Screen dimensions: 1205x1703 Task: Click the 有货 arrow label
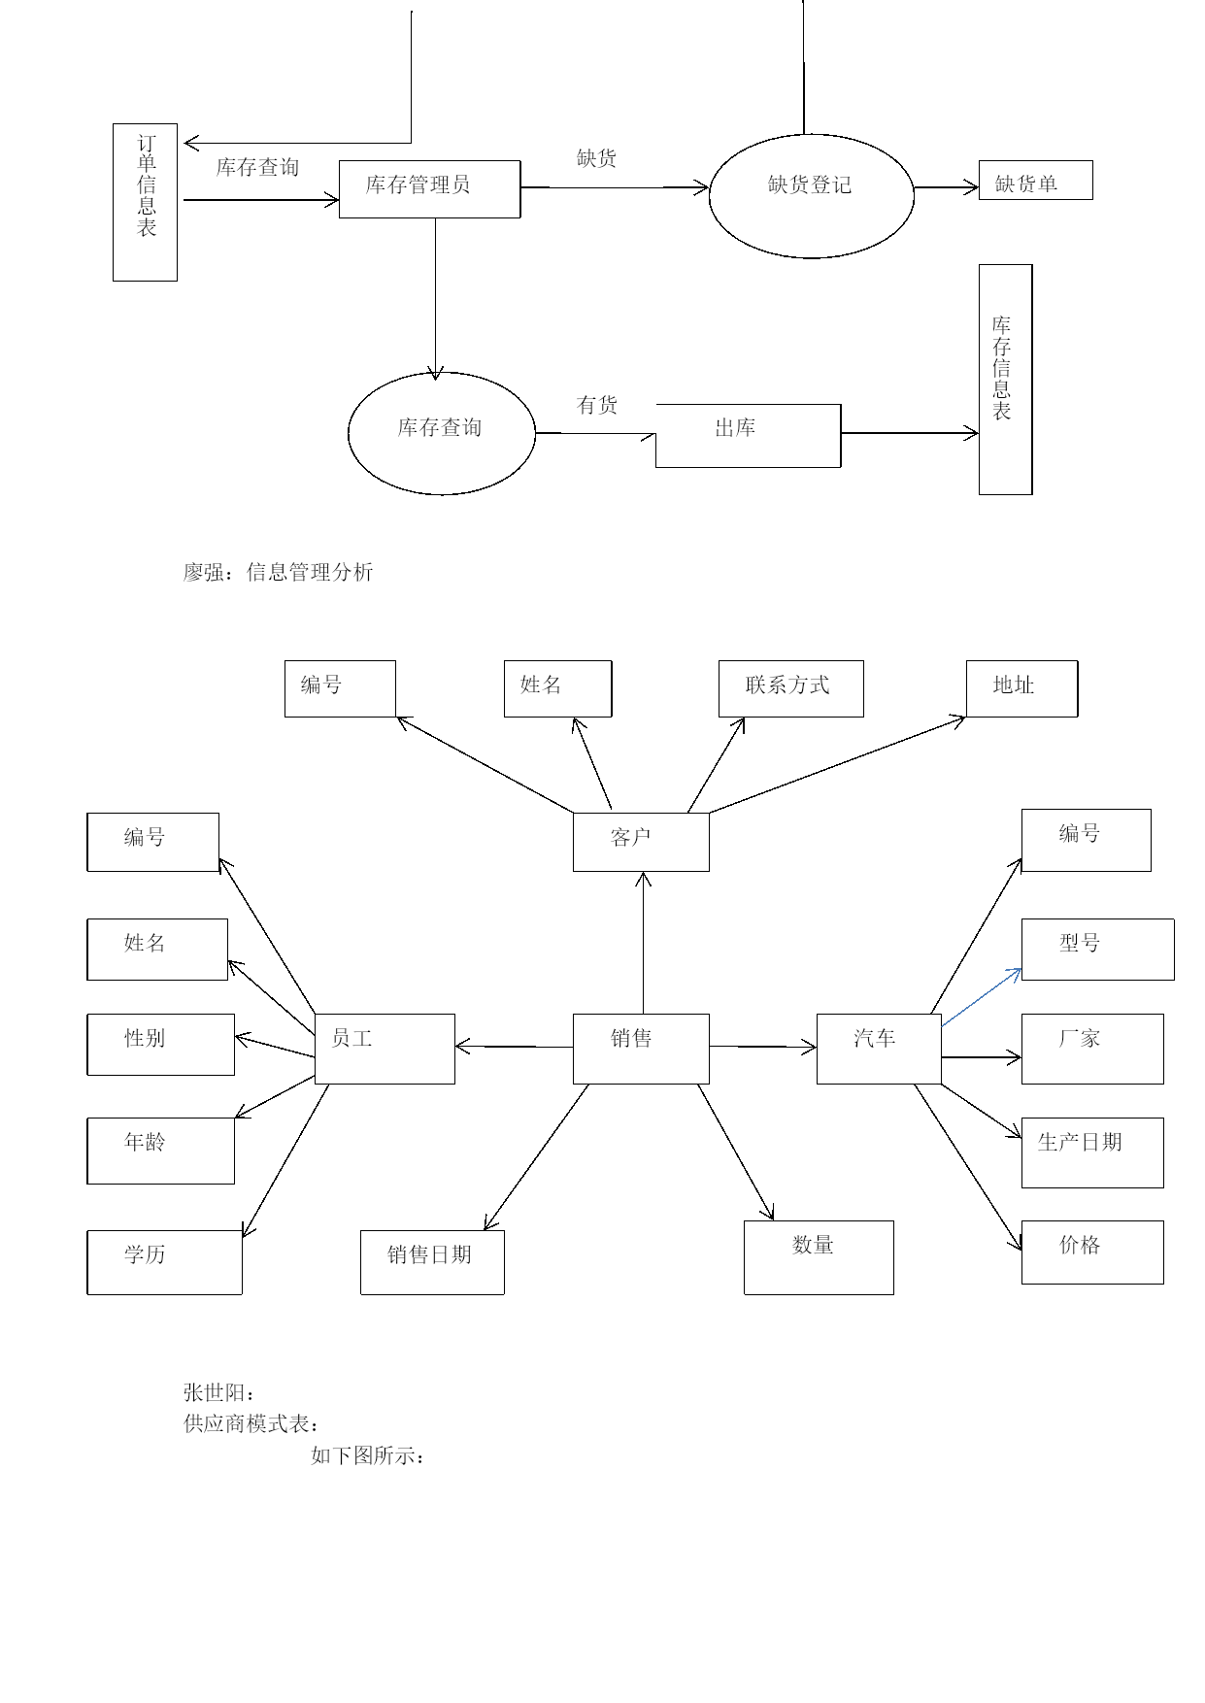597,405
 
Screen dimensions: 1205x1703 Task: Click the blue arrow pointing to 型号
982,997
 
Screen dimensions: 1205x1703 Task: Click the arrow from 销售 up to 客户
643,943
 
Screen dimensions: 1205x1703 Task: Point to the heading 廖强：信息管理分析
279,572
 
